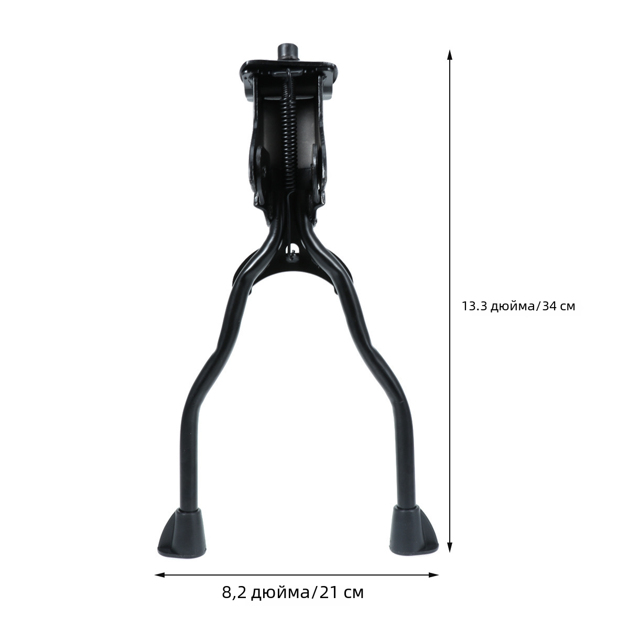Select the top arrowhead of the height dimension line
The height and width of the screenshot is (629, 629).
(449, 55)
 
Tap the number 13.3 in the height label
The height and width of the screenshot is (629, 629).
(474, 306)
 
